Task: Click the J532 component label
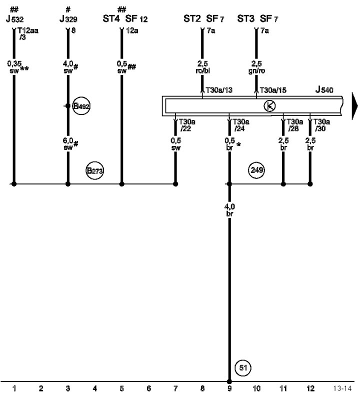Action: tap(15, 18)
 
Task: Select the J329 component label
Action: tap(68, 18)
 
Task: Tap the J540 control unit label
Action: tap(324, 89)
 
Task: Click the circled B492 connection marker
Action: tap(81, 106)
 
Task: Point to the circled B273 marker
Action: tap(94, 170)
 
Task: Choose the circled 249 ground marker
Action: tap(256, 170)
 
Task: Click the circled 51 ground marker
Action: tap(243, 367)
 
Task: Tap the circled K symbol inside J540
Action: tap(269, 106)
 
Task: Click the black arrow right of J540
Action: tap(355, 106)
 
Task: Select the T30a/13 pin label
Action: tap(219, 90)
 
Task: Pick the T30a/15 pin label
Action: tap(273, 90)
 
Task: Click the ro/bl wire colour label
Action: tap(202, 70)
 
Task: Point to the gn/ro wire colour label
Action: tap(256, 70)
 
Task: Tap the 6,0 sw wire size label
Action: tap(70, 144)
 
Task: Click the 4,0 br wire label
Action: tap(229, 210)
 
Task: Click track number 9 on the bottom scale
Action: tap(229, 388)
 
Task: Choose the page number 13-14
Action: tap(342, 388)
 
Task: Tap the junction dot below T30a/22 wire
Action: tap(175, 184)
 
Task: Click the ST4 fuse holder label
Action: tap(111, 18)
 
